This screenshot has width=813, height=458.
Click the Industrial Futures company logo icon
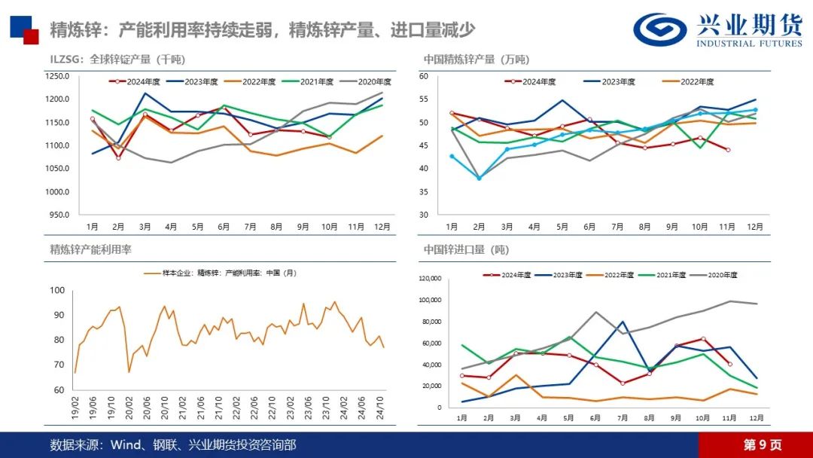(x=660, y=29)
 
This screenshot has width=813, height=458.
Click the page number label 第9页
(x=763, y=445)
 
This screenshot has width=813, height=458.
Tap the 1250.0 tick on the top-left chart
(x=57, y=76)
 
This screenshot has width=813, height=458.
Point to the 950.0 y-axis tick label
(x=59, y=215)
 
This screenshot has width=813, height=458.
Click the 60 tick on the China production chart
(x=424, y=76)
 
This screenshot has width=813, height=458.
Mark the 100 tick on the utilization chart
(x=57, y=290)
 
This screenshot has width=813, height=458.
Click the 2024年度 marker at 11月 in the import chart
(x=729, y=364)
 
